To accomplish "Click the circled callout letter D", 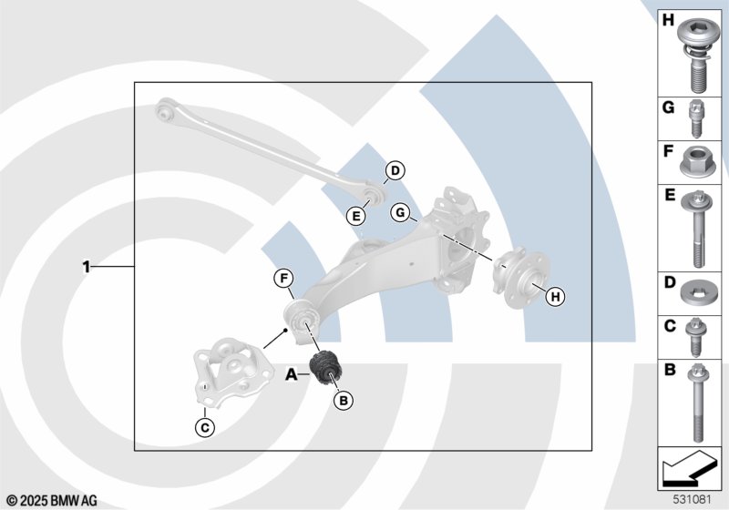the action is coord(395,171).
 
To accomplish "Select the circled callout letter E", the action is coord(356,216).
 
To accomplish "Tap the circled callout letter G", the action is coord(400,213).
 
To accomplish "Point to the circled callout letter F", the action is coord(283,279).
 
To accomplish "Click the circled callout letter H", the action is coord(556,296).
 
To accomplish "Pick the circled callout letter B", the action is coord(344,401).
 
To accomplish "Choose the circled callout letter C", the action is coord(205,427).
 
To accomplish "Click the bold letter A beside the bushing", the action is coord(291,374).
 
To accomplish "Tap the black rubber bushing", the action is coord(325,367).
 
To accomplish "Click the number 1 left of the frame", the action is coord(86,267).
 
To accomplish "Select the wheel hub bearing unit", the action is coord(519,280).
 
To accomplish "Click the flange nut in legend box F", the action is coord(698,162).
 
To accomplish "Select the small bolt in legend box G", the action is coord(696,118).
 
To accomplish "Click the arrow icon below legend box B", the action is coord(688,468).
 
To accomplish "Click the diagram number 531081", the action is coord(693,500).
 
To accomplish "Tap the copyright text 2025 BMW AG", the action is coord(59,501).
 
